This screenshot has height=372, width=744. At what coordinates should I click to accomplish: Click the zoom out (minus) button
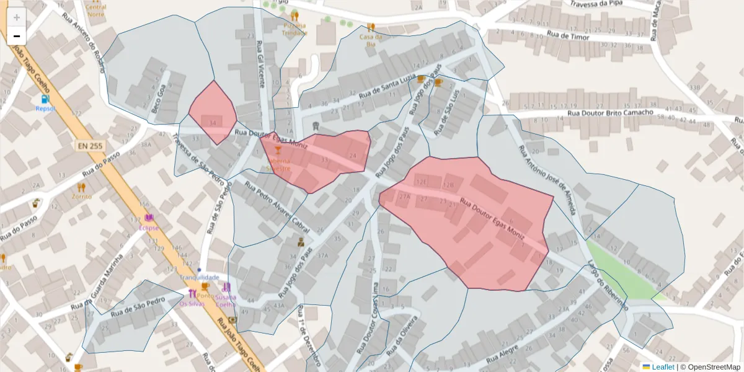(x=17, y=36)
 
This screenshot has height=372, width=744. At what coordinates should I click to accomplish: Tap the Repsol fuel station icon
(x=45, y=99)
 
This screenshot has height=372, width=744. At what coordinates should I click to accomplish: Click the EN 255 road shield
(x=91, y=146)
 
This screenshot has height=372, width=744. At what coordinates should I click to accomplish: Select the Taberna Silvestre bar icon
(x=278, y=151)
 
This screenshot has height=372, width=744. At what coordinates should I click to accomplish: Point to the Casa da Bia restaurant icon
(x=371, y=27)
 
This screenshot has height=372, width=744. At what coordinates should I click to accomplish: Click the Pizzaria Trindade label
(x=294, y=29)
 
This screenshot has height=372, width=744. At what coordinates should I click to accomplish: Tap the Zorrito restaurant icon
(x=81, y=187)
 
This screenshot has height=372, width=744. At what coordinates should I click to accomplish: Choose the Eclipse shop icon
(x=149, y=218)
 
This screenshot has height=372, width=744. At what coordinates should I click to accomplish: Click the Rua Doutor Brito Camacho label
(x=610, y=113)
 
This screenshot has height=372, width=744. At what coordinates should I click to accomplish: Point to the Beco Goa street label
(x=159, y=100)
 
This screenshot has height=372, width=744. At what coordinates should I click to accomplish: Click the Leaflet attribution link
(x=662, y=367)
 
